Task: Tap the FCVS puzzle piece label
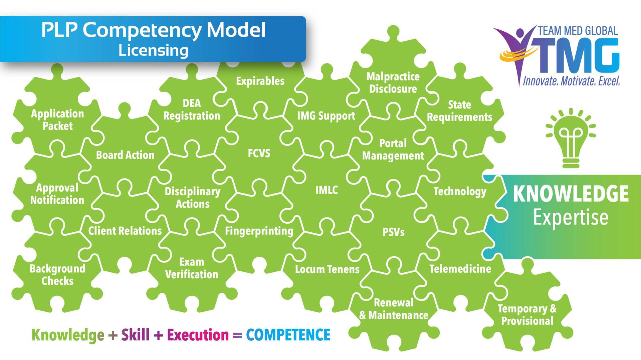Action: point(259,153)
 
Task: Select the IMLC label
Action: point(327,190)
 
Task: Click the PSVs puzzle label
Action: point(393,232)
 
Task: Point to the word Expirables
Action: point(260,81)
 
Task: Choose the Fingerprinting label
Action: point(259,231)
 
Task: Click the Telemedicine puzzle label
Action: point(460,269)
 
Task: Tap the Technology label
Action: point(460,192)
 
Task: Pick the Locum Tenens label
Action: point(327,269)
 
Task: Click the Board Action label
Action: point(125,155)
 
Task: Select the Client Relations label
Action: point(125,231)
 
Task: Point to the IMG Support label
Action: point(326,116)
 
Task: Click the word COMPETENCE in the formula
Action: point(288,335)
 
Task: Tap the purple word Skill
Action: point(135,335)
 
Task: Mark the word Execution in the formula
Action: point(198,335)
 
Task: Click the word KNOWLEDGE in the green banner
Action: point(571,194)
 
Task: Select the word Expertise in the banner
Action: point(571,218)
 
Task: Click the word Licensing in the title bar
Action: point(153,51)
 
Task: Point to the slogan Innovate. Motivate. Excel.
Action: point(571,81)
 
